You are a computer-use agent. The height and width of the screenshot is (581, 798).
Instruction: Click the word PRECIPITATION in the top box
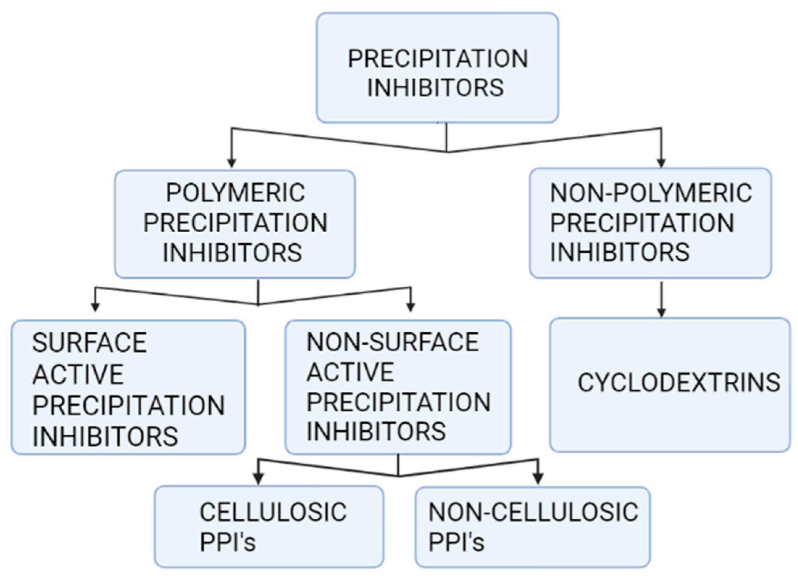tap(438, 59)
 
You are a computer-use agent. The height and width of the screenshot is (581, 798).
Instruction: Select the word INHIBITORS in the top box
tap(435, 88)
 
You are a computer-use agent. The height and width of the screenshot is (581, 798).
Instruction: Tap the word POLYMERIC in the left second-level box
tap(235, 193)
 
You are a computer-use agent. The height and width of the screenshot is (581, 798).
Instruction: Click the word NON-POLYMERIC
tap(651, 193)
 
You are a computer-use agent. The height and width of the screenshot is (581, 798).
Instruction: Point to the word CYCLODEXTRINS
tap(679, 383)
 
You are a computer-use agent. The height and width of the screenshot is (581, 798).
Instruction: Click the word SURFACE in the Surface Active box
tap(89, 343)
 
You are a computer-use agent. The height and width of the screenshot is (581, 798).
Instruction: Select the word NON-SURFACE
tap(392, 342)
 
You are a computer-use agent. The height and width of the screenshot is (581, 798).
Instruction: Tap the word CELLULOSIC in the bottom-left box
tap(273, 512)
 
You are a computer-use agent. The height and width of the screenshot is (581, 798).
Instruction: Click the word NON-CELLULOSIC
tap(533, 512)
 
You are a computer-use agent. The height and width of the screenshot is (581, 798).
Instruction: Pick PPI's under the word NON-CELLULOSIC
tap(456, 542)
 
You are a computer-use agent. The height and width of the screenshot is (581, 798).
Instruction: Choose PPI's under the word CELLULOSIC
tap(228, 543)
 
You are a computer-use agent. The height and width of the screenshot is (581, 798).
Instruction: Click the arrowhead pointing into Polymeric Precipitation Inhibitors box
tap(232, 163)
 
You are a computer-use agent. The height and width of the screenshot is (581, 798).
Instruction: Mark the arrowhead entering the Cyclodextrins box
tap(661, 312)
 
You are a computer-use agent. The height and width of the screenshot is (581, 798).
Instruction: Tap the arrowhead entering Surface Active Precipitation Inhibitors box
tap(95, 307)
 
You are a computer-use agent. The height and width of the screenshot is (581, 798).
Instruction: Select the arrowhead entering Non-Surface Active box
tap(410, 307)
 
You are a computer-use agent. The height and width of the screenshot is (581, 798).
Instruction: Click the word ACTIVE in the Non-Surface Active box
tap(350, 372)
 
